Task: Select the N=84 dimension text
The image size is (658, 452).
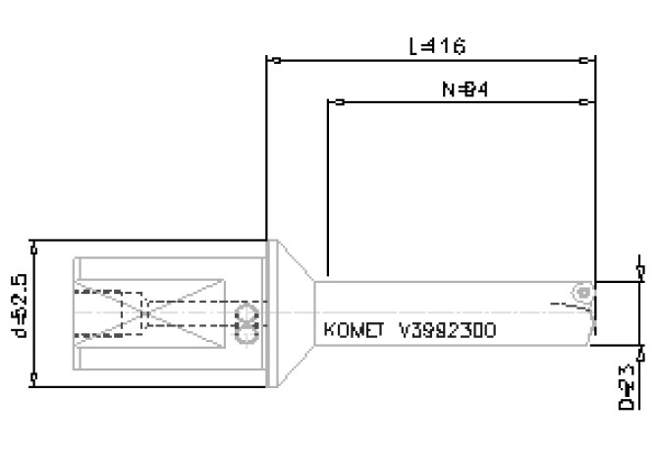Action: (x=466, y=89)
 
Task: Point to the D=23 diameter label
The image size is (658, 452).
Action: (x=626, y=385)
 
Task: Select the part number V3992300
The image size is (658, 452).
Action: (x=447, y=330)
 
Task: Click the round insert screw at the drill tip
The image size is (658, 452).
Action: (x=583, y=293)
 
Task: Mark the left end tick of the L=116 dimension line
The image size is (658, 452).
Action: (x=276, y=61)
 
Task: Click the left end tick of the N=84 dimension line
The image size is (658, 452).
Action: (x=337, y=101)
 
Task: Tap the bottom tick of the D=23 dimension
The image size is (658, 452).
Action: (x=640, y=347)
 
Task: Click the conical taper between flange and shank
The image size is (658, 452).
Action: (x=294, y=312)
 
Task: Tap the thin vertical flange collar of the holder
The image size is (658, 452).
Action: (x=267, y=312)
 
